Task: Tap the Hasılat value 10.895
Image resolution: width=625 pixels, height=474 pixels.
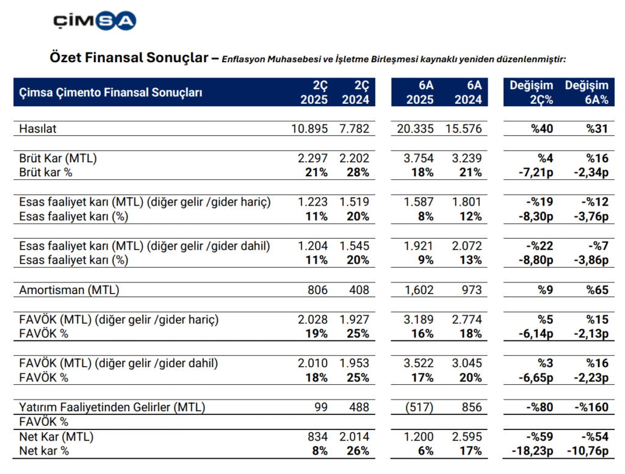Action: click(309, 129)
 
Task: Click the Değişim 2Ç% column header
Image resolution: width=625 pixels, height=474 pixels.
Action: click(531, 93)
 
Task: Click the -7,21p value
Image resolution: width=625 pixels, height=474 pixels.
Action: click(532, 172)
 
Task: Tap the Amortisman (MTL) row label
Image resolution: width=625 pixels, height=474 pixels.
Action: click(69, 290)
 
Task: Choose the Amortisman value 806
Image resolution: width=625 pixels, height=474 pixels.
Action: click(317, 290)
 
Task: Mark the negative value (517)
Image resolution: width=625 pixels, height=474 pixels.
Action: click(419, 407)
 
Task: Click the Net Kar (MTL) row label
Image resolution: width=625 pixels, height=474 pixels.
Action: click(57, 437)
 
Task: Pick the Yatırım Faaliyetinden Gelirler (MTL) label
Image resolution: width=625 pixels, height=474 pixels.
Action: click(112, 407)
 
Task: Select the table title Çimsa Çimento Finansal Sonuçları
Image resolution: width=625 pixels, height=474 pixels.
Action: click(111, 93)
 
